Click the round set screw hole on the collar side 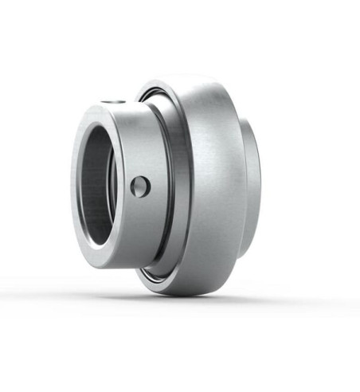click(139, 186)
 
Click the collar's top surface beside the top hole click(131, 108)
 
